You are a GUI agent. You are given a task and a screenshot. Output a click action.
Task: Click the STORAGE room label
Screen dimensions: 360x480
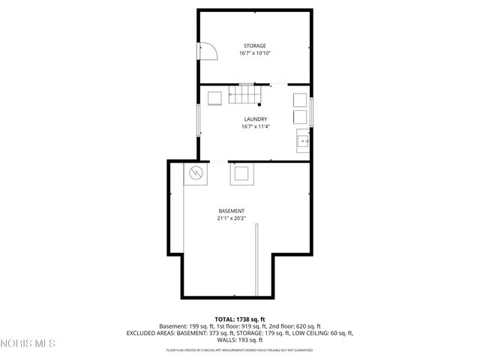(x=253, y=46)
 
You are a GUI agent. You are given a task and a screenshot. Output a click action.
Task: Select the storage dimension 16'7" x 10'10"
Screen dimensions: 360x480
(x=253, y=54)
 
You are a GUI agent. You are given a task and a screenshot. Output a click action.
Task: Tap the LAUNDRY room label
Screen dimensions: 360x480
(x=255, y=119)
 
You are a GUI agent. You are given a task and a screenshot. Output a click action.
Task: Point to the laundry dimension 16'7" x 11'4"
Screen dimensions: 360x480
(x=255, y=127)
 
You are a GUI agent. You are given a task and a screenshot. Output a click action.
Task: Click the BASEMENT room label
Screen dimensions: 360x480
(x=231, y=211)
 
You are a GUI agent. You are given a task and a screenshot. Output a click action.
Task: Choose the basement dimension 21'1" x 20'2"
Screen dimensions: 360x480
(x=231, y=219)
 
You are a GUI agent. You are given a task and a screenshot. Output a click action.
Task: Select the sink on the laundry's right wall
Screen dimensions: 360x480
(x=303, y=140)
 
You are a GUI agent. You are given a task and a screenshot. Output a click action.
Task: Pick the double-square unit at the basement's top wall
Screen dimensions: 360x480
(x=241, y=173)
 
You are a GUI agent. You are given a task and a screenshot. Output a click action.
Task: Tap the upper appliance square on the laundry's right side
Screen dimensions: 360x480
(x=299, y=100)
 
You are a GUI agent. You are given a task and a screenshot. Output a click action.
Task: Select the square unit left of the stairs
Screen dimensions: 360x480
(x=214, y=98)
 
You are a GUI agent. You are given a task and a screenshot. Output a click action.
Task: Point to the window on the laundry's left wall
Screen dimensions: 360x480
(x=198, y=120)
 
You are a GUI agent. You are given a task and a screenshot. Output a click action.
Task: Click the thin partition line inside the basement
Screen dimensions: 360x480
(x=255, y=262)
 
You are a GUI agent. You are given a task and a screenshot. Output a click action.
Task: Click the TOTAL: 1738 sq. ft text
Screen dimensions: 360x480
(x=240, y=319)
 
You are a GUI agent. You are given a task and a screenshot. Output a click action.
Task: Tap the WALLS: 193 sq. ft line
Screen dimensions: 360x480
(x=240, y=340)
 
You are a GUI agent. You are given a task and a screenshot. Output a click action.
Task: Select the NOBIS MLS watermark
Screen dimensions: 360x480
(x=28, y=344)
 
